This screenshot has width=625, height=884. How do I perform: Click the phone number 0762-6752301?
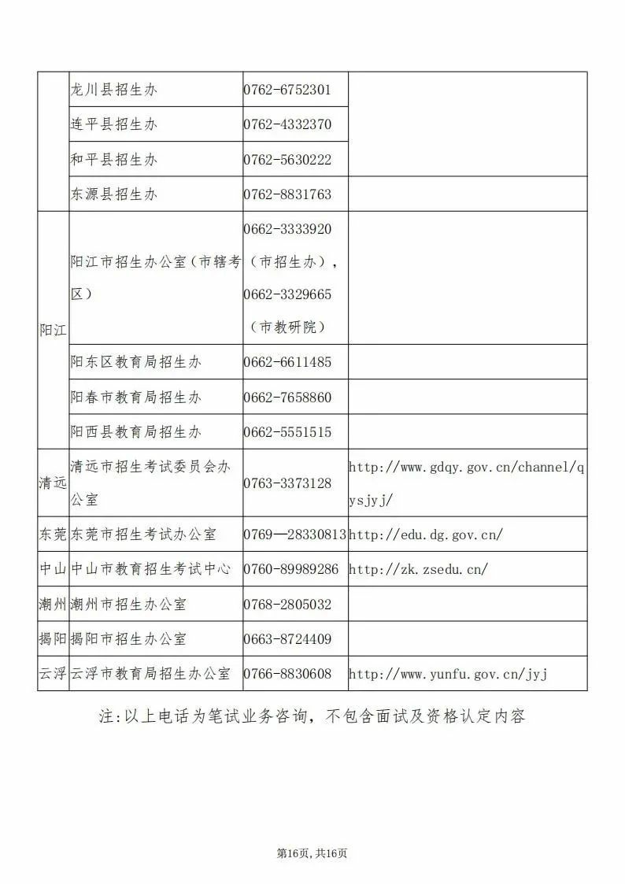pos(287,90)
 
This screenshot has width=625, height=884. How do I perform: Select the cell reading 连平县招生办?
pos(114,124)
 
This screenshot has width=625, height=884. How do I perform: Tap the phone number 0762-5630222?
pos(287,160)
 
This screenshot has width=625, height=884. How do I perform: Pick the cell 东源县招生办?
pos(114,194)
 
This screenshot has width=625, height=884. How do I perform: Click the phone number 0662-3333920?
pos(287,229)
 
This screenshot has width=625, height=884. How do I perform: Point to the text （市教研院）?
pos(287,327)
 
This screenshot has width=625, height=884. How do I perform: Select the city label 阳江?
pos(53,330)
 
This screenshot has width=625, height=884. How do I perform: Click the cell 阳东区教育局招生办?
pos(136,362)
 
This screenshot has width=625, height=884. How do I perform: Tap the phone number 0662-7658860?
pos(287,398)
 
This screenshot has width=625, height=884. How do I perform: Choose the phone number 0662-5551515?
pos(287,432)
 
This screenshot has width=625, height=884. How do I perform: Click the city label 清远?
pos(53,483)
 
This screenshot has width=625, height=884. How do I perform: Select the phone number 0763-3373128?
pos(287,483)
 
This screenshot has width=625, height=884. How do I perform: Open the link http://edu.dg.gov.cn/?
pos(425,534)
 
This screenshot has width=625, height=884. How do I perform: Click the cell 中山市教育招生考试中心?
pos(151,569)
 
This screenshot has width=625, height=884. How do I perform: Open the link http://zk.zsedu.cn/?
pos(418,569)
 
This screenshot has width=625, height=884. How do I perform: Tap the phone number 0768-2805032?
pos(287,605)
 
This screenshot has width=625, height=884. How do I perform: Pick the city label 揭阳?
pos(53,639)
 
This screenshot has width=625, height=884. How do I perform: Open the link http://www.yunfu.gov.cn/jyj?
pos(447,674)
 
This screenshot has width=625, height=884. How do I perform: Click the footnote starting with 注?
pos(312,716)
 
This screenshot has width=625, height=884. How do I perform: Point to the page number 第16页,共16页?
pos(312,853)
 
